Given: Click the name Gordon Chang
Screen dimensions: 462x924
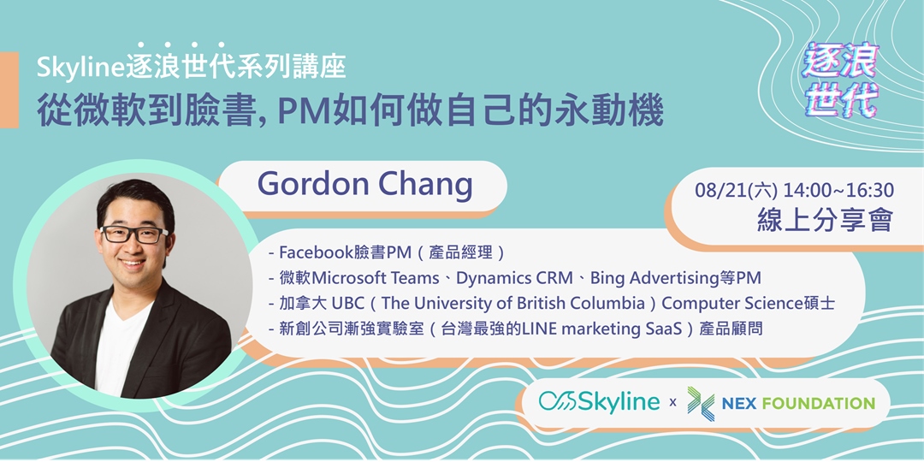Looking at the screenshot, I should click(364, 183).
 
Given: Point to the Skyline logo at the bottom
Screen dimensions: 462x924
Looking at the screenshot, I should click(599, 402).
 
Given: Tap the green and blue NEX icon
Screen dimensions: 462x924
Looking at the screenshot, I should click(702, 402).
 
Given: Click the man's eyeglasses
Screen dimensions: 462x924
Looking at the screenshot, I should click(134, 234).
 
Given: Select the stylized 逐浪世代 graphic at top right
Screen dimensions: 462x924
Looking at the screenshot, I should click(841, 81).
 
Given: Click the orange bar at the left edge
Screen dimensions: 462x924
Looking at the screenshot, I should click(9, 90).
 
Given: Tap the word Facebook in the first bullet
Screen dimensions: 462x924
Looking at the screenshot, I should click(316, 253).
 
